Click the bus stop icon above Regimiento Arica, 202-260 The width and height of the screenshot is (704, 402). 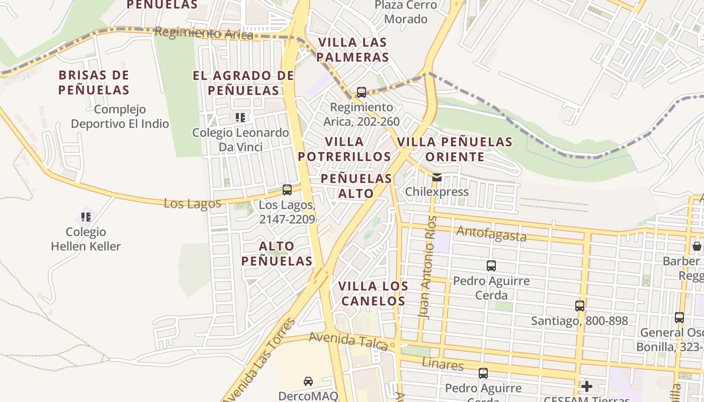pos(361,92)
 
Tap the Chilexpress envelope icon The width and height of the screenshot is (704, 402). pos(436,177)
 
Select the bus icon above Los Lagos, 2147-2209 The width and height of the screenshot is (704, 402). pos(287,190)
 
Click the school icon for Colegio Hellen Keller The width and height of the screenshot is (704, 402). pos(86,217)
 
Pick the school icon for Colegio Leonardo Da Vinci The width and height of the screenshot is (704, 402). pos(240,118)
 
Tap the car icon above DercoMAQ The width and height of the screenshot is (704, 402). pos(308,381)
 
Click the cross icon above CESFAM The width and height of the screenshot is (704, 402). pos(586,386)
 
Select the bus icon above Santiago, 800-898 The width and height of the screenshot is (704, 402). pos(579,306)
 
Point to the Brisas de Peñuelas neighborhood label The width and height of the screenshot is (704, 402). pos(94,83)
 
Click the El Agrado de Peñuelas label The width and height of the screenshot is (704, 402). pos(243,83)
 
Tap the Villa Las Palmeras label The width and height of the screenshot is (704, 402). pos(353,49)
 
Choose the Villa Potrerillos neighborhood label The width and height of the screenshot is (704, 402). pos(344,149)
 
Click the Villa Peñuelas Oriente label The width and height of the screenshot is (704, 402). pos(455,149)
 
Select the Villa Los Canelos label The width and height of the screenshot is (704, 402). pos(372,293)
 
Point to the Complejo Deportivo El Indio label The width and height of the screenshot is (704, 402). pos(120,116)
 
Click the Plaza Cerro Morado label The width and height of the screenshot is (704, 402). pos(405,12)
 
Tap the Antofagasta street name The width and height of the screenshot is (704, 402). pos(491,234)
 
